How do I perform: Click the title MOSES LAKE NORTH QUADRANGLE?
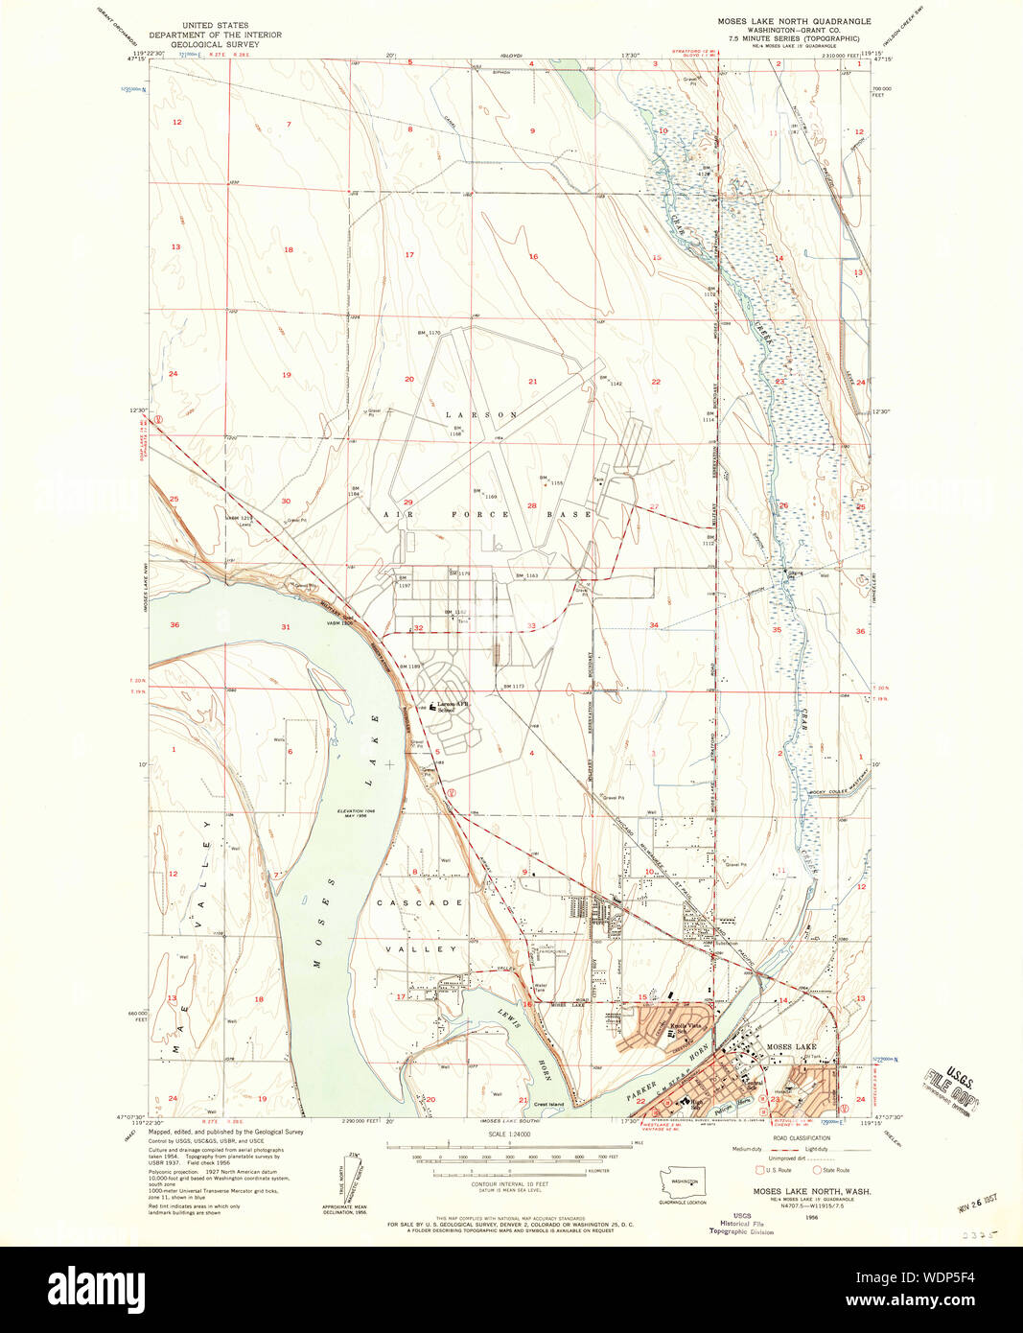[794, 20]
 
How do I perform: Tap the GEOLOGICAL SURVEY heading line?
[215, 44]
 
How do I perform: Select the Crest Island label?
[551, 1104]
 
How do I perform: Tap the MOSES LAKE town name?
[791, 1046]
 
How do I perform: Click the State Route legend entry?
[830, 1170]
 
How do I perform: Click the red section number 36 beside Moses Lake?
[174, 625]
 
